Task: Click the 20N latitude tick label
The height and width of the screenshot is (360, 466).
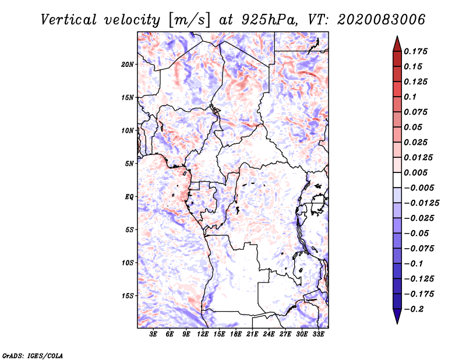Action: point(128,64)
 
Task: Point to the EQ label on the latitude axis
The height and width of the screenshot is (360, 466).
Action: point(129,197)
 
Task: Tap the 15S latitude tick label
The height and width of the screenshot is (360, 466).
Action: point(128,296)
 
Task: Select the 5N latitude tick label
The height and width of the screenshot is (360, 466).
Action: point(129,164)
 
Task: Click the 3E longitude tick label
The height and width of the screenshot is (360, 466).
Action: point(154,334)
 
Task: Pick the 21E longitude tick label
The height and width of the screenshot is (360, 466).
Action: point(253,334)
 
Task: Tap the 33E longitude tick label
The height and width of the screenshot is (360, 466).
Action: point(319,334)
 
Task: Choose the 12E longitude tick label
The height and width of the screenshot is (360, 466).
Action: point(203,334)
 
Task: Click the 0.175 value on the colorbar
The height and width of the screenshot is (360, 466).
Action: point(416,51)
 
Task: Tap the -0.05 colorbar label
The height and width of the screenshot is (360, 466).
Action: point(416,233)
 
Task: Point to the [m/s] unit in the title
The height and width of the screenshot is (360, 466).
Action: point(186,19)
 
